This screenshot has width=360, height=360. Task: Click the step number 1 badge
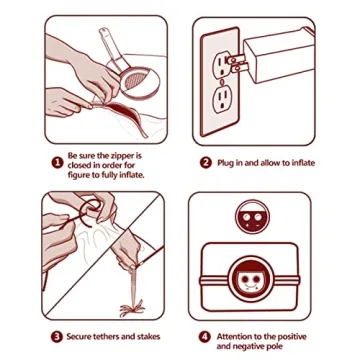tap(57, 163)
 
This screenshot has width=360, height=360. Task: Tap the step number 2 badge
tap(206, 163)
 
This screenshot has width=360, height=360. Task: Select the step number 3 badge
tap(56, 337)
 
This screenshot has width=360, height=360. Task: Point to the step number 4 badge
tap(205, 337)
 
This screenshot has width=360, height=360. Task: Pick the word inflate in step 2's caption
tap(303, 163)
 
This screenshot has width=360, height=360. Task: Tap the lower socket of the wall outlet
tap(222, 100)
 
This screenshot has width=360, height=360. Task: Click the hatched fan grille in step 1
tap(136, 81)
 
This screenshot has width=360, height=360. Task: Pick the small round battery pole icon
tap(252, 217)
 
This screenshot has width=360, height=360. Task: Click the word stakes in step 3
tap(149, 336)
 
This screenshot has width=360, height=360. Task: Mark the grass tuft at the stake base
tap(133, 309)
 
